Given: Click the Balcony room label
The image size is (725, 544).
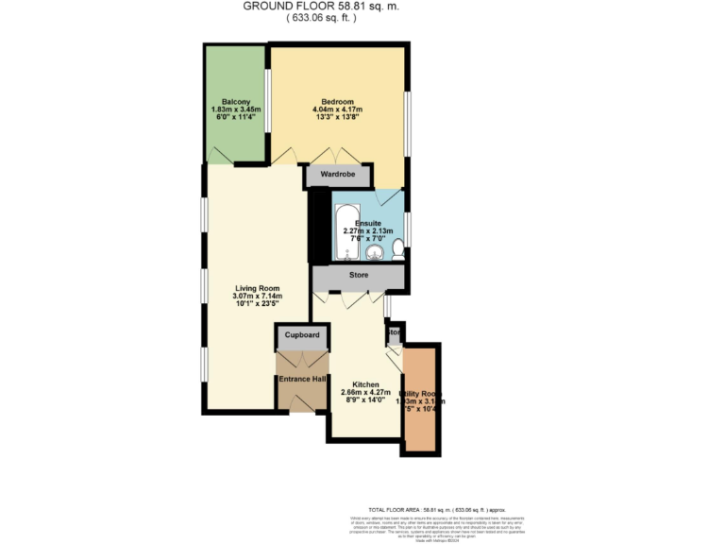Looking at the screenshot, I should pyautogui.click(x=235, y=102).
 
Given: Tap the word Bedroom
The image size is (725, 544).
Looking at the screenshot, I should pyautogui.click(x=337, y=102).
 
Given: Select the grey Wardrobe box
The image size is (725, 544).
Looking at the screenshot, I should pyautogui.click(x=337, y=175).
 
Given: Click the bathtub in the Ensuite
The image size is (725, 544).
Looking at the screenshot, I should pyautogui.click(x=345, y=232).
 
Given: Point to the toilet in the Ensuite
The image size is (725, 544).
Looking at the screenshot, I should pyautogui.click(x=398, y=249).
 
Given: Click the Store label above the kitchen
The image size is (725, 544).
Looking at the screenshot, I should pyautogui.click(x=358, y=277).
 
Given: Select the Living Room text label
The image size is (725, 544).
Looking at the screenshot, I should pyautogui.click(x=257, y=289).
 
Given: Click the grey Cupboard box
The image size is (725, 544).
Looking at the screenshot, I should pyautogui.click(x=302, y=335).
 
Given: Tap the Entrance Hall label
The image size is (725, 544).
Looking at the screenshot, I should pyautogui.click(x=302, y=379).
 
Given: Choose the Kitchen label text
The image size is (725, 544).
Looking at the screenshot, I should pyautogui.click(x=365, y=385).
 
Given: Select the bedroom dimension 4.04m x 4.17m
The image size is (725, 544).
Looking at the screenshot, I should pyautogui.click(x=337, y=110).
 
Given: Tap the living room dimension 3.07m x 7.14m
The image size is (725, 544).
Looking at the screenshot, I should pyautogui.click(x=257, y=297).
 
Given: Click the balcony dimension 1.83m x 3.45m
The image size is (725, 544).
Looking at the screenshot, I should pyautogui.click(x=235, y=110).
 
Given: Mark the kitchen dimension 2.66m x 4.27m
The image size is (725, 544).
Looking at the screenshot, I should pyautogui.click(x=365, y=394).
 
